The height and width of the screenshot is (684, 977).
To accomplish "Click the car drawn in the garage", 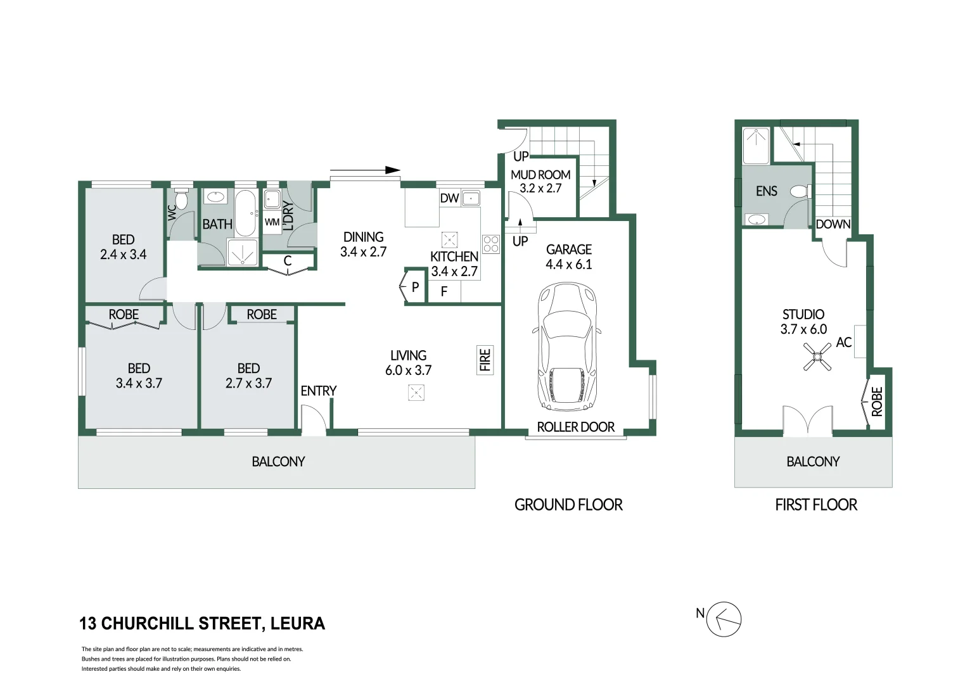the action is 566,347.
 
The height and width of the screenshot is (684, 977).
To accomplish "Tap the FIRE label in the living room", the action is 485,360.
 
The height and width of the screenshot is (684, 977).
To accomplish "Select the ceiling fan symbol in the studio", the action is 817,357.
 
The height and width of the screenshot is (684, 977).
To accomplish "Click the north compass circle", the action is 724,619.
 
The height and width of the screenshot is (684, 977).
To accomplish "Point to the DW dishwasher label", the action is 449,198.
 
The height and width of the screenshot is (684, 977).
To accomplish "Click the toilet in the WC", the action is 181,198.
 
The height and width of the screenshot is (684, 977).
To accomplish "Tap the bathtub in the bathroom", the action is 246,213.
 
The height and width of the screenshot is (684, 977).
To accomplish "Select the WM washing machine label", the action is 272,222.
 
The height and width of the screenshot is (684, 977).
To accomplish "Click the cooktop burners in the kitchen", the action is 490,244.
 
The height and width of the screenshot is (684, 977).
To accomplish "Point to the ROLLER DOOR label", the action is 575,427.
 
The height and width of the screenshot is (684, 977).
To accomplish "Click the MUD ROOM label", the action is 540,175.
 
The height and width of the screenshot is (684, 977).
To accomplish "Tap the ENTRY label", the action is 319,391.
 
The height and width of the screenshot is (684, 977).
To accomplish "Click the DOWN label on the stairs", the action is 833,224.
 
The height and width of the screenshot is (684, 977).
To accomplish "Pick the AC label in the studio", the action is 843,342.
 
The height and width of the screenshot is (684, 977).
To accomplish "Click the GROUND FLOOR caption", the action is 568,505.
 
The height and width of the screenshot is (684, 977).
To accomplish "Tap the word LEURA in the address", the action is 298,623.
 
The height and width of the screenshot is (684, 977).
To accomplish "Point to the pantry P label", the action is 415,287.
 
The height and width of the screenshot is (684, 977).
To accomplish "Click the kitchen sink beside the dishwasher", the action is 471,198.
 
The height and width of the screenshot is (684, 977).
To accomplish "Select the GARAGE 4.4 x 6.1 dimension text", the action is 569,256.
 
